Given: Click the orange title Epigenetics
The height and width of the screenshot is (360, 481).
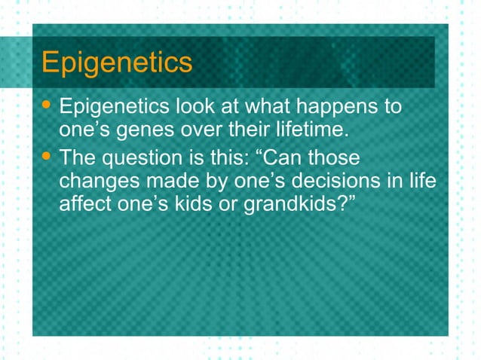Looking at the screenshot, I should [117, 63].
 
